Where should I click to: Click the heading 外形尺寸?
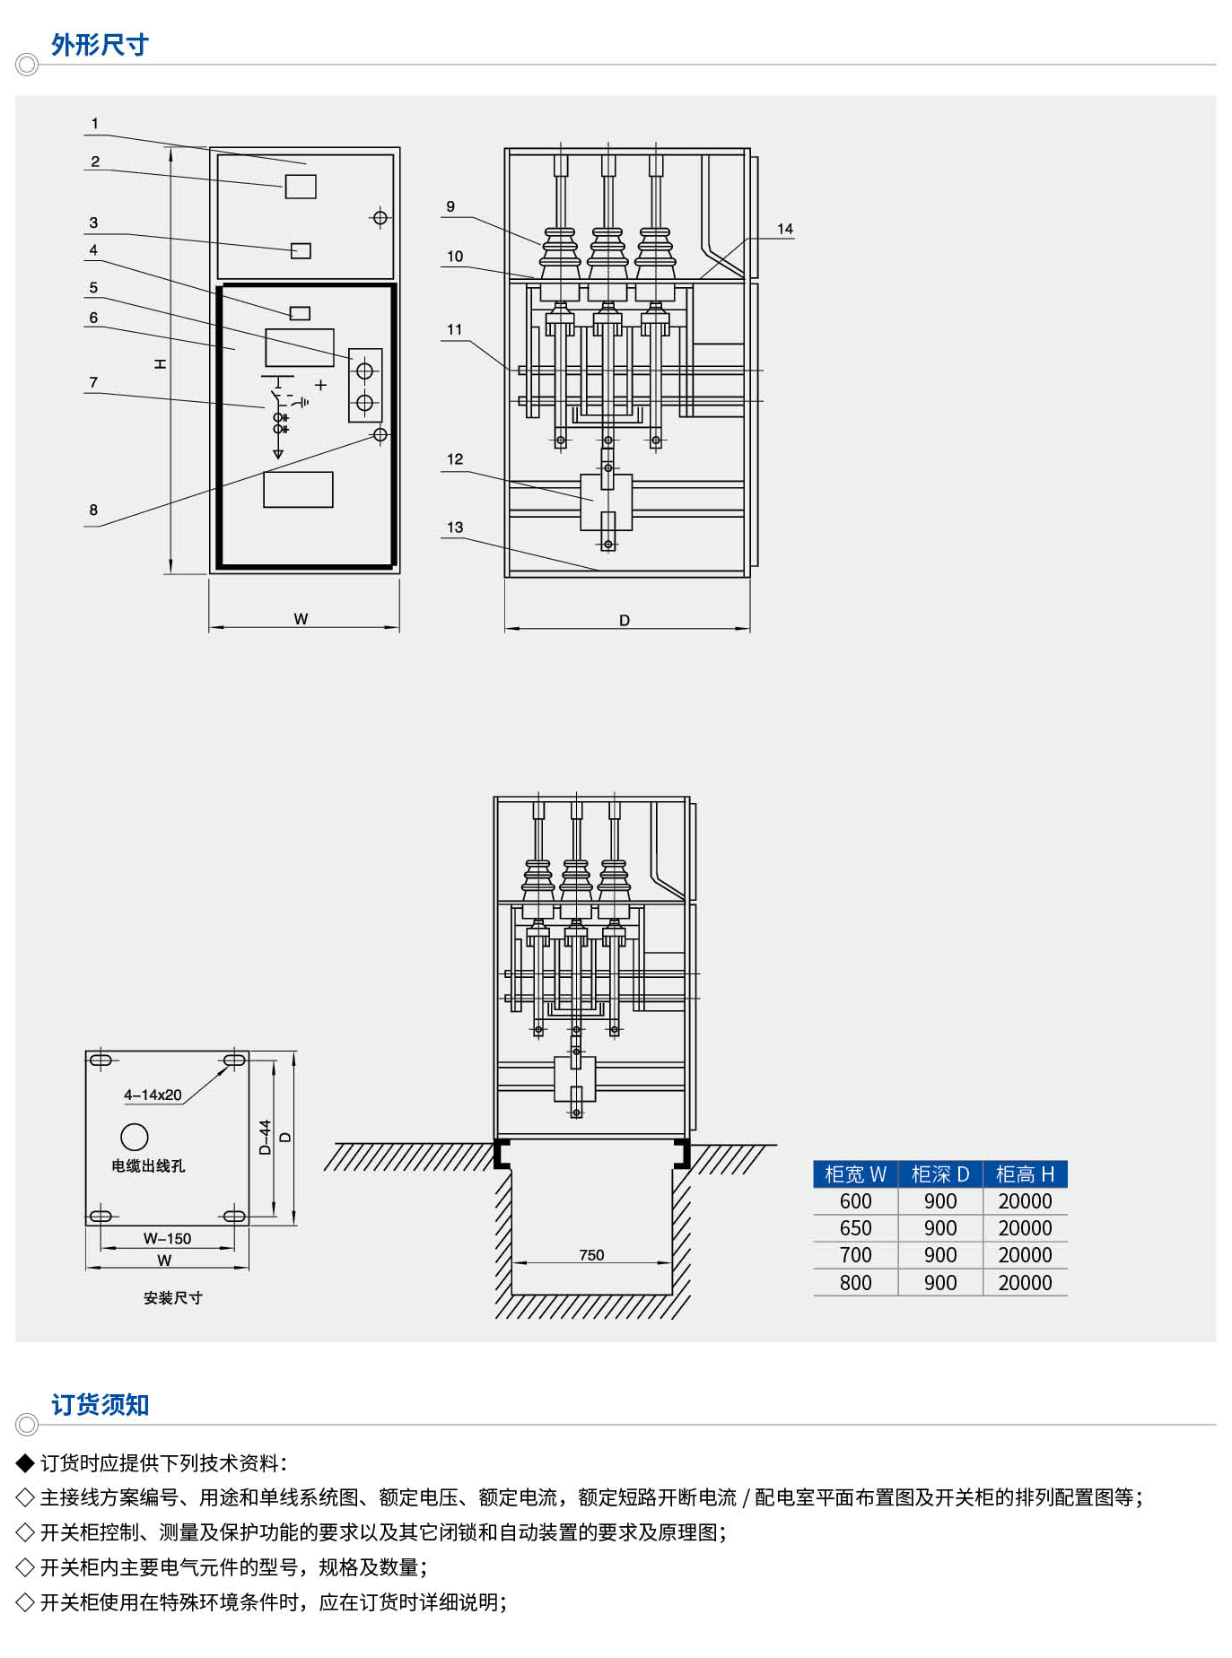[x=100, y=45]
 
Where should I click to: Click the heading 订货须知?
[x=100, y=1404]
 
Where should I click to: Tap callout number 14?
[x=785, y=229]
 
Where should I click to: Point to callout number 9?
[x=450, y=206]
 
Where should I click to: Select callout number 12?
[x=455, y=459]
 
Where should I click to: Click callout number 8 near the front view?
[x=93, y=510]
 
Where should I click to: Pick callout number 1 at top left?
[x=95, y=124]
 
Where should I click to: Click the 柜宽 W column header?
[x=855, y=1174]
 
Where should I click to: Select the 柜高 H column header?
[x=1025, y=1174]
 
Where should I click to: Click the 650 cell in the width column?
[x=855, y=1228]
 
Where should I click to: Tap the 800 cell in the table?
[x=855, y=1283]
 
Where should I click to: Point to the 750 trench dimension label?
[x=591, y=1255]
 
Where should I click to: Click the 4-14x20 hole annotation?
[x=153, y=1095]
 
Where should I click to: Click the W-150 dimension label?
[x=167, y=1238]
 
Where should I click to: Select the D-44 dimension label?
[x=265, y=1137]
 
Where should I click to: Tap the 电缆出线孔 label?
[x=148, y=1165]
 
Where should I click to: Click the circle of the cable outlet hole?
[x=135, y=1137]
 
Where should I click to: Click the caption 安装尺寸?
[x=172, y=1297]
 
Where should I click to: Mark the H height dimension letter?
[x=160, y=363]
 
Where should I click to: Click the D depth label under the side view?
[x=625, y=620]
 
